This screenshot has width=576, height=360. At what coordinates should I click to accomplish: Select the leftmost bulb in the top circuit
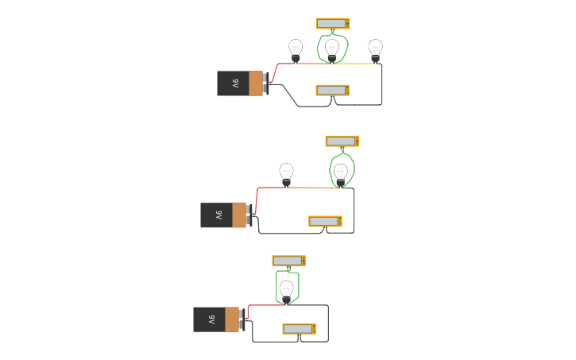click(x=296, y=49)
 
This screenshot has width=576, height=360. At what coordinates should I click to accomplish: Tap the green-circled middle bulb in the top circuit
click(x=332, y=50)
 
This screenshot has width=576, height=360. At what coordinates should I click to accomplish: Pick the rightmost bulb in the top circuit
click(x=376, y=49)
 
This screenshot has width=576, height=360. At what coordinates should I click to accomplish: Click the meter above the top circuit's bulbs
click(x=333, y=24)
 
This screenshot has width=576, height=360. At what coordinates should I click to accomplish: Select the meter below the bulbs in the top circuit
click(x=332, y=90)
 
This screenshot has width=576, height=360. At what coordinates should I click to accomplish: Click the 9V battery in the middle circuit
click(x=225, y=215)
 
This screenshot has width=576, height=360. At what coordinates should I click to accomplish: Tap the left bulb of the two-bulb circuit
click(x=286, y=173)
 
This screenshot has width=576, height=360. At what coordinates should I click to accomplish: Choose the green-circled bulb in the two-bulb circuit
click(x=341, y=173)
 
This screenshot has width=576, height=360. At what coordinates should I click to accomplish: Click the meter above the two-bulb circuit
click(x=342, y=141)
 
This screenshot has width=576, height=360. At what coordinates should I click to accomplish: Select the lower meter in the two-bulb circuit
click(x=325, y=221)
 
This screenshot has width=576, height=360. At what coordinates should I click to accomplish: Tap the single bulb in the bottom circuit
click(x=287, y=289)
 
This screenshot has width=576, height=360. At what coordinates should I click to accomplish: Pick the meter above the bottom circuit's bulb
click(x=288, y=261)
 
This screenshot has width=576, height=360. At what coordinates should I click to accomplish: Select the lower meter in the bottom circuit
click(x=299, y=329)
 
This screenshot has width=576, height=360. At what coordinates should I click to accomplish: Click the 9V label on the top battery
click(x=235, y=83)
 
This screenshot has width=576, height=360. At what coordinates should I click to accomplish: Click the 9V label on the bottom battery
click(x=211, y=319)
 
